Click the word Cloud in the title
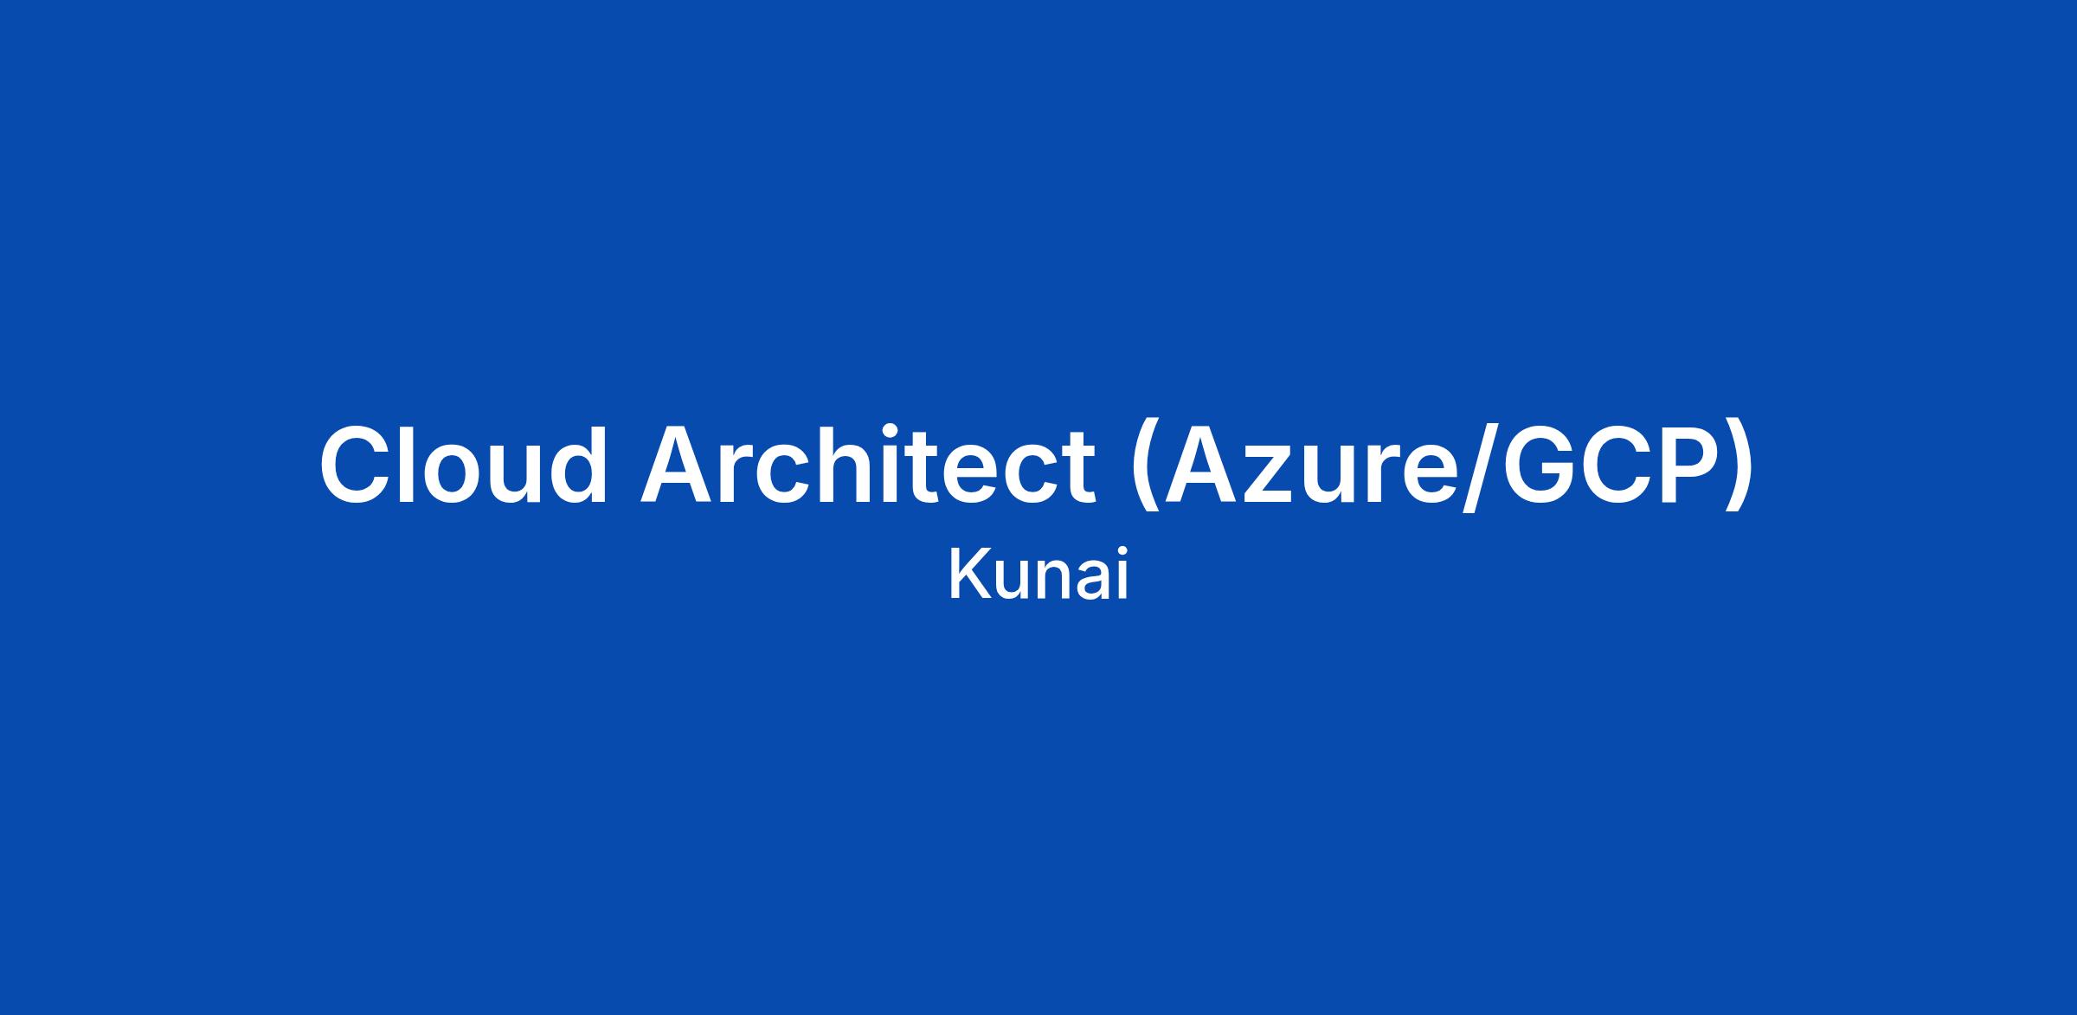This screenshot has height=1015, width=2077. [x=464, y=464]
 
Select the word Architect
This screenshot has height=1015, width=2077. [x=868, y=464]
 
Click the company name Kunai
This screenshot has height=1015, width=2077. [x=1038, y=574]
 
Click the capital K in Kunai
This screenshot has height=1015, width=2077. [x=968, y=573]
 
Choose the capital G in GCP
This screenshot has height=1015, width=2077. [x=1540, y=465]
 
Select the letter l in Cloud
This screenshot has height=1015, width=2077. [x=409, y=464]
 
